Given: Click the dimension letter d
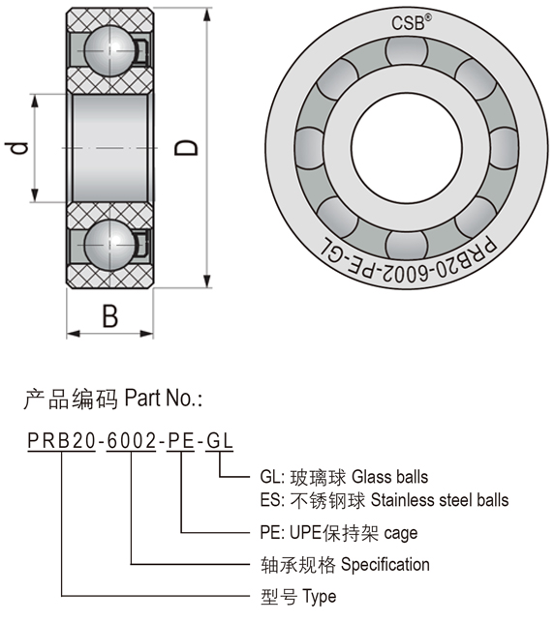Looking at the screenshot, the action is click(x=16, y=148).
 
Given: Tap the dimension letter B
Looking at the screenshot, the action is click(x=110, y=316).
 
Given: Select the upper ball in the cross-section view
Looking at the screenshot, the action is click(x=109, y=50).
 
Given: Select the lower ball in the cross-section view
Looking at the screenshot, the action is click(x=109, y=245).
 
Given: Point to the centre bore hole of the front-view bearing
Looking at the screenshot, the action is click(x=407, y=148).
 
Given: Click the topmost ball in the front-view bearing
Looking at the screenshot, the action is click(x=407, y=50).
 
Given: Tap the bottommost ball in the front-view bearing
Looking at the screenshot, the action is click(x=407, y=246).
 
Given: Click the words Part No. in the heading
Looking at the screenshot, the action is click(x=164, y=398).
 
